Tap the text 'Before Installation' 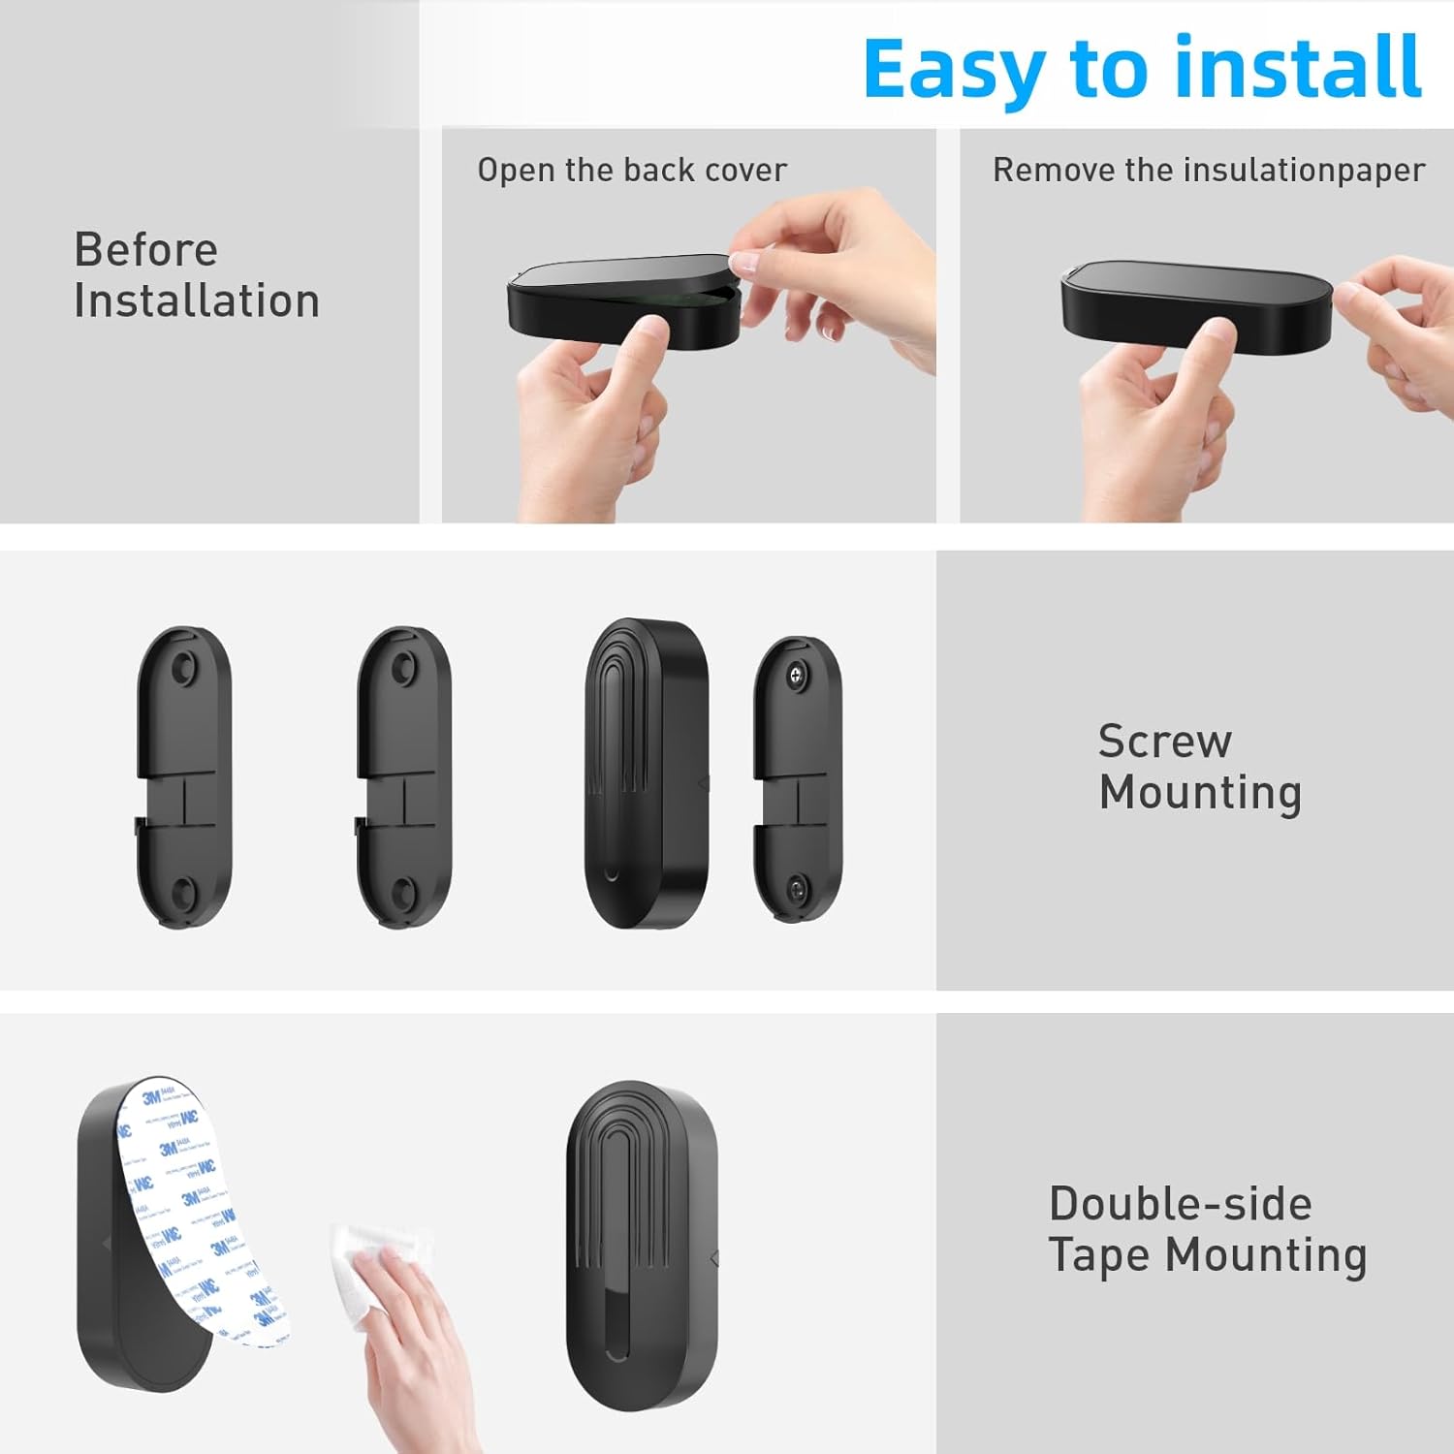[196, 275]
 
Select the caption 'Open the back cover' [632, 171]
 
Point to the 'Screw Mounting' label [1199, 767]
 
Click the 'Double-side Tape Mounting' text [1207, 1229]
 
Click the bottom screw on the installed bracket [797, 885]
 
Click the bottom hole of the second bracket [403, 890]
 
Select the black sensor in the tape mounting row [642, 1246]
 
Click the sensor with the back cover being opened [620, 300]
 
